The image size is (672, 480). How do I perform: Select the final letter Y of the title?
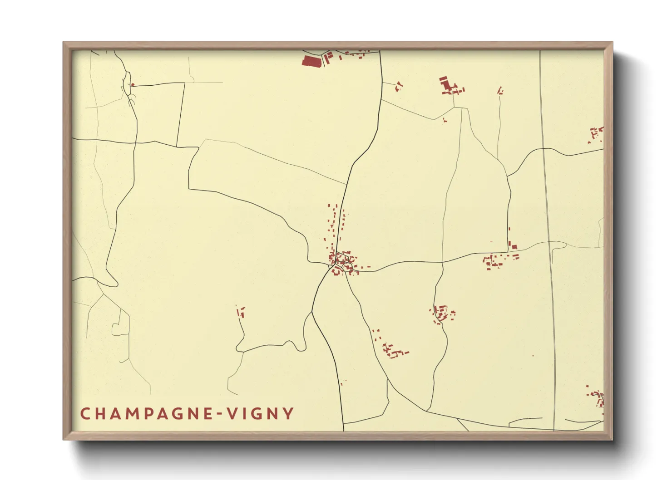click(x=288, y=414)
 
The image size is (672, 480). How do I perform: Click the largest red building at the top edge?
click(x=311, y=61)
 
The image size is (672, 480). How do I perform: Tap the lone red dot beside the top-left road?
click(x=133, y=84)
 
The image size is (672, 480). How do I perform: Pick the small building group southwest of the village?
click(x=241, y=312)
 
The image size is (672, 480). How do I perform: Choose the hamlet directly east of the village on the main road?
click(x=499, y=260)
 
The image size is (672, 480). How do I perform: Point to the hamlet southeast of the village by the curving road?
click(x=442, y=313)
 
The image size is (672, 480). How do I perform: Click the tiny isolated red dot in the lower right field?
click(x=533, y=356)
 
